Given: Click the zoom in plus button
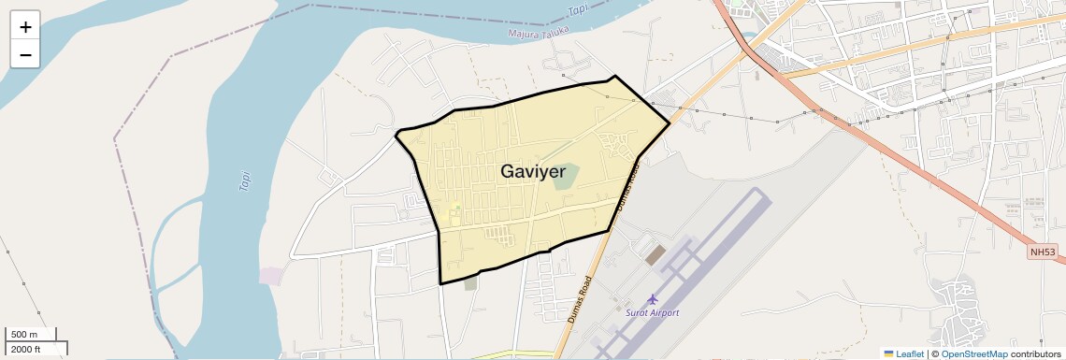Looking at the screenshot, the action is click(x=25, y=27).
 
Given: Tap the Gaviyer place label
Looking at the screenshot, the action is click(x=533, y=172).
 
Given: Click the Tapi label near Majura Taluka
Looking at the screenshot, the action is click(x=580, y=10).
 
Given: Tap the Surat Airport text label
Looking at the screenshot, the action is click(x=652, y=312).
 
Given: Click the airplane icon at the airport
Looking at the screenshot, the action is click(x=652, y=299).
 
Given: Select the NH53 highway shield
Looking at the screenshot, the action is click(x=1043, y=252).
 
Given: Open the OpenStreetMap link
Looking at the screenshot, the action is click(x=973, y=353).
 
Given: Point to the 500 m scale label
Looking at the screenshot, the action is click(x=24, y=335).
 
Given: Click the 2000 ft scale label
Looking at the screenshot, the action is click(x=26, y=349).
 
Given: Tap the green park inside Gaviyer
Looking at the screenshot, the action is click(x=565, y=178).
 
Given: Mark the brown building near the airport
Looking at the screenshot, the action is click(x=655, y=253).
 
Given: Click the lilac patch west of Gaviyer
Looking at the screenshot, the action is click(x=271, y=276).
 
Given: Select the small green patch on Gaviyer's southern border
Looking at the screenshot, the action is click(x=470, y=282).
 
